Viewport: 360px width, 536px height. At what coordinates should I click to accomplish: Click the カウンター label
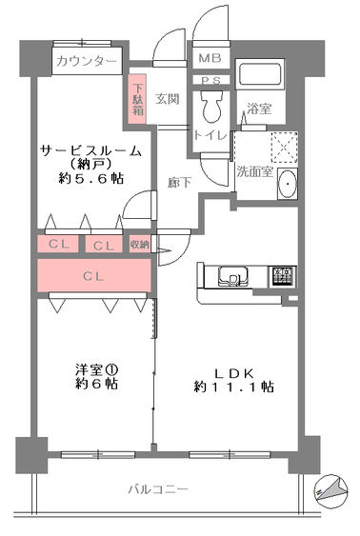click(86, 61)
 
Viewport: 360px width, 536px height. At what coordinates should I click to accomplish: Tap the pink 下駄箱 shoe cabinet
click(137, 99)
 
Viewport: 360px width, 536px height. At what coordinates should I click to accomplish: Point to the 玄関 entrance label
click(167, 99)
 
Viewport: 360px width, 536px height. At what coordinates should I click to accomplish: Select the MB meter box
click(210, 58)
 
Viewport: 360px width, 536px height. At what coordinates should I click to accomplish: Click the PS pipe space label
click(210, 81)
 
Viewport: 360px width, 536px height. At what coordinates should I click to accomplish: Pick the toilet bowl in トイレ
click(211, 107)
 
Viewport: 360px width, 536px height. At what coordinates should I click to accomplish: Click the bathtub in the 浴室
click(260, 75)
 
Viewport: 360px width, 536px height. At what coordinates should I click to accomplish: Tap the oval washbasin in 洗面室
click(288, 184)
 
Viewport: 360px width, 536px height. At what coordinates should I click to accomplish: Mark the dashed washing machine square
click(285, 147)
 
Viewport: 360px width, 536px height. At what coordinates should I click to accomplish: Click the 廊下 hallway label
click(179, 183)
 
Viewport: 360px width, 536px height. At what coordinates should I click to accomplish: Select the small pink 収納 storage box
click(139, 245)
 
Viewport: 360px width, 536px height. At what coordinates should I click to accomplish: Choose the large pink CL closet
click(94, 275)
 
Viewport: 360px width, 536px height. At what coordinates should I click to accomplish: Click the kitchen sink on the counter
click(233, 276)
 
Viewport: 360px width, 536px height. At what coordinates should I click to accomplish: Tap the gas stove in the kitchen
click(284, 276)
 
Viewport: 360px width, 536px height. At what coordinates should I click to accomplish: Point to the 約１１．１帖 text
click(234, 387)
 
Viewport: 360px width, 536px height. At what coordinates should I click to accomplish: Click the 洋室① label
click(97, 369)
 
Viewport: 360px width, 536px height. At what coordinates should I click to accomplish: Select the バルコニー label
click(158, 489)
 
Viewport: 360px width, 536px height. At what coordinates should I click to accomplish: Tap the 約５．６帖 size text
click(91, 178)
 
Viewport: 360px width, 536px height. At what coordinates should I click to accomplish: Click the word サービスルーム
click(90, 150)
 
